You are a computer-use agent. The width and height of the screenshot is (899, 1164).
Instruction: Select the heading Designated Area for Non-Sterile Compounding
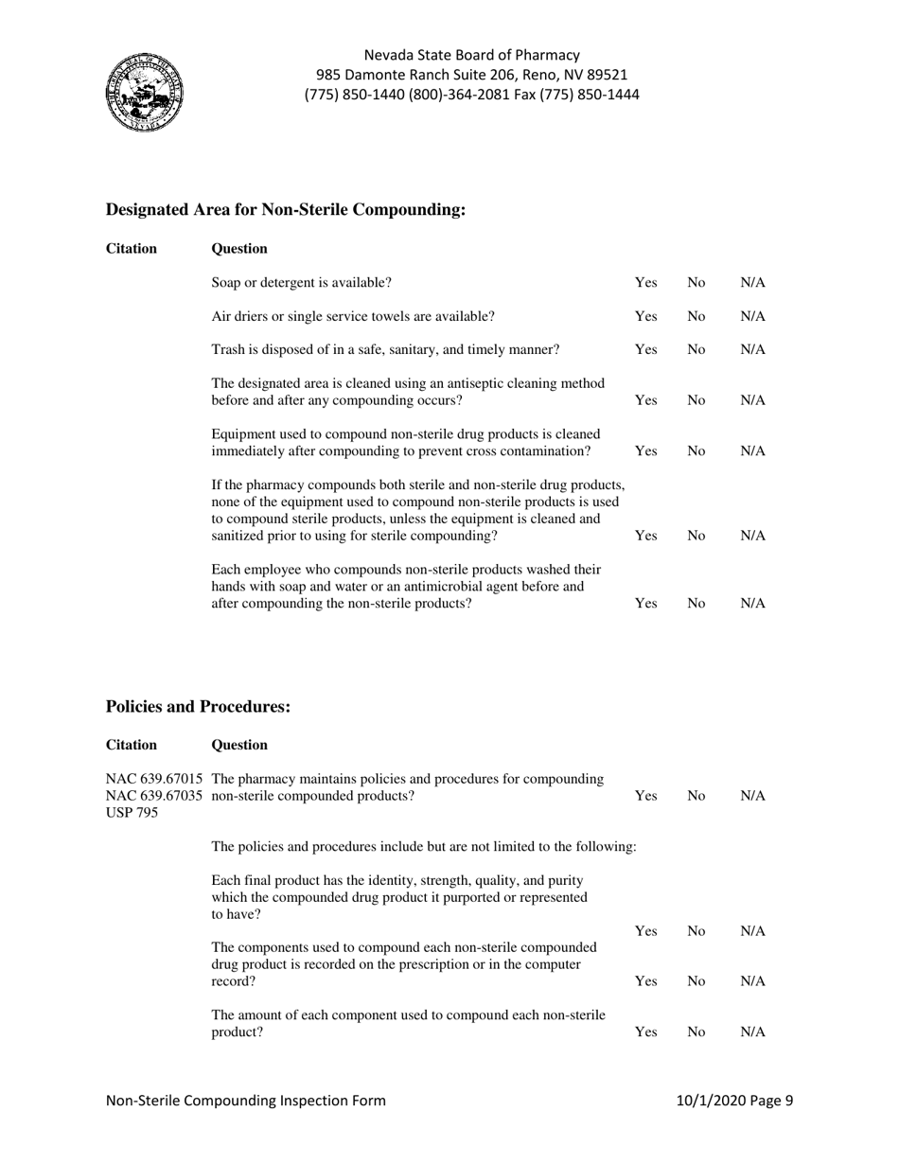286,210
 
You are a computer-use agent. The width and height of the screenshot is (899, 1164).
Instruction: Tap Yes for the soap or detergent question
645,282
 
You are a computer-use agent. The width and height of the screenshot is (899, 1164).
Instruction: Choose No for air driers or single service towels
696,316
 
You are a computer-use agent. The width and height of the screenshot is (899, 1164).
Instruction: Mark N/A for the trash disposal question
752,349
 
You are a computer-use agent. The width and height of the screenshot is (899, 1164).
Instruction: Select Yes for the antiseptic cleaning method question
645,400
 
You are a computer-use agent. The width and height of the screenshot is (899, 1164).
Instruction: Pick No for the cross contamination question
696,451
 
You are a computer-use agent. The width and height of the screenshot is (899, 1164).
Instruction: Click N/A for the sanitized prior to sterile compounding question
752,536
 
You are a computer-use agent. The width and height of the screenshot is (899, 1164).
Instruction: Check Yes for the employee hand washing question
645,603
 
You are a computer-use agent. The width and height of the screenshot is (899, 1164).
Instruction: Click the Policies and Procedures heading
198,707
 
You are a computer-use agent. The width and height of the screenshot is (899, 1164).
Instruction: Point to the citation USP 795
132,813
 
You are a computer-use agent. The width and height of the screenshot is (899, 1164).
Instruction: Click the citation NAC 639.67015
154,779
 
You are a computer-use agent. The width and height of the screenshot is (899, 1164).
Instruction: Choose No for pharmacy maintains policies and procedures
696,797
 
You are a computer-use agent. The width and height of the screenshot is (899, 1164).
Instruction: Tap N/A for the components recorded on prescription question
752,982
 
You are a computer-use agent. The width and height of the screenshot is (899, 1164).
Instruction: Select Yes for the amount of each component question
645,1032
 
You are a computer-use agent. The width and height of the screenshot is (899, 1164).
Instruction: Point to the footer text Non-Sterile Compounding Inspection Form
246,1101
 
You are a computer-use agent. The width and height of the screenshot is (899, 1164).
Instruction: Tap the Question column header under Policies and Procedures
239,745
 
